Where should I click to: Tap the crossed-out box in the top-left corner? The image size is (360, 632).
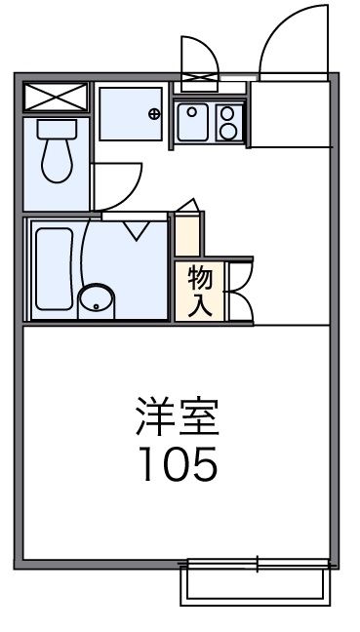coord(56,98)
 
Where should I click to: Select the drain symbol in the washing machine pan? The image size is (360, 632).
coord(154,114)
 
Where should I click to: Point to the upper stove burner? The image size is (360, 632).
coord(229,113)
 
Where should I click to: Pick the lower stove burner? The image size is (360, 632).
coord(229,131)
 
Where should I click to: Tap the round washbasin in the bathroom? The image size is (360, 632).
coord(95,298)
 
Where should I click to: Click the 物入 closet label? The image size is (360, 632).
coord(199,291)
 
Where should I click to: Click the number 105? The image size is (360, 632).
coord(176,465)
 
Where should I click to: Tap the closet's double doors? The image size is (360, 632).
coord(240,291)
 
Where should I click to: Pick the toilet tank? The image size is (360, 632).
coord(56,128)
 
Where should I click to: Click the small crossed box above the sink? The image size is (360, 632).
coord(201,79)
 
